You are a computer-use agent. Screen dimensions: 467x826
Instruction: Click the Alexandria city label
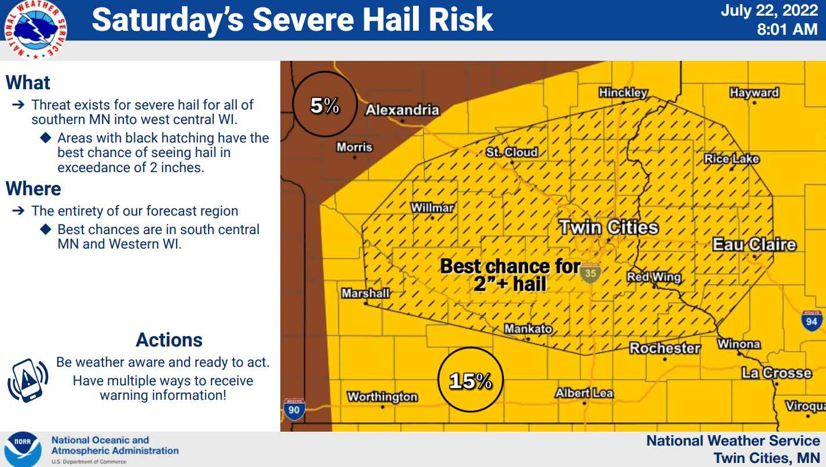tap(403, 110)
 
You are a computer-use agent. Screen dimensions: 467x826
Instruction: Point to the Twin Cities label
tap(609, 227)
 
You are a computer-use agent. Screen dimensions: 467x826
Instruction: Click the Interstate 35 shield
tap(591, 272)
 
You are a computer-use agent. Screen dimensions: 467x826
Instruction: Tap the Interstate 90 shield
tap(293, 409)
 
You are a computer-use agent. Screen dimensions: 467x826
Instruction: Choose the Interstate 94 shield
tap(812, 320)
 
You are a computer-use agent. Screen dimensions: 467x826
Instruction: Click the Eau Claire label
tap(754, 245)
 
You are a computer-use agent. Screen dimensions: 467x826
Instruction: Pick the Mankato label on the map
tap(528, 329)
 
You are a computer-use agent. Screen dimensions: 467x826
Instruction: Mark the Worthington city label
tap(382, 397)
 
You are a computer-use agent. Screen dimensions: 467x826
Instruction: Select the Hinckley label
tap(623, 92)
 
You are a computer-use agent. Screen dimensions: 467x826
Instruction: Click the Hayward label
tap(754, 92)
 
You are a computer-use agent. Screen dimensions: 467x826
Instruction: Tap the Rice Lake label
tap(732, 159)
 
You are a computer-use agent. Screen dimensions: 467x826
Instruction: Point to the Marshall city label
tap(366, 293)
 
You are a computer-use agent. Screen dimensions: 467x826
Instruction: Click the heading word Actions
tap(169, 340)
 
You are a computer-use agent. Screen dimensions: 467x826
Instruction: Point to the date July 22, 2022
tap(769, 11)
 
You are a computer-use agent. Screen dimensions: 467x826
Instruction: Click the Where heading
tap(34, 189)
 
